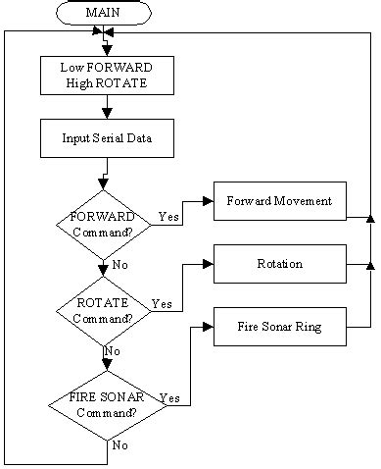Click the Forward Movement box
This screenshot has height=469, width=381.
coord(279,201)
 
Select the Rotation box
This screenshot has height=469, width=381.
coord(279,264)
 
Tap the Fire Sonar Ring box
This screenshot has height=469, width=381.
coord(279,326)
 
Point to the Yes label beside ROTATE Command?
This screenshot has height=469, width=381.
coord(162,304)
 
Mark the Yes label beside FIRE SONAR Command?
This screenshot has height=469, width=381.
coord(168,398)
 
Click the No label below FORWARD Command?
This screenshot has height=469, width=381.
coord(119,265)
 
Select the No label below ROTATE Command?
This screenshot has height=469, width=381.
coord(113,351)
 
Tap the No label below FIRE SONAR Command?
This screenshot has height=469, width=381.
coord(119,445)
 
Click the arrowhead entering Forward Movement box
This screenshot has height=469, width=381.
coord(208,201)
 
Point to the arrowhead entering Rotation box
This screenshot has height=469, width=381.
coord(208,264)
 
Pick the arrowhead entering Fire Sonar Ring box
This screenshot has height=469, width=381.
coord(208,326)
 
